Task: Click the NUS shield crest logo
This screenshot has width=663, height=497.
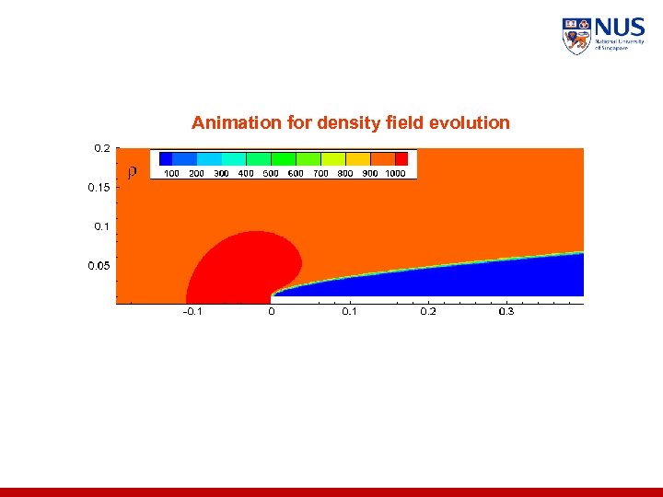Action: pos(576,36)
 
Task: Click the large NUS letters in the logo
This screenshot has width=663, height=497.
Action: pos(620,28)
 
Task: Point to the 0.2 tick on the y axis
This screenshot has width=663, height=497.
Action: pos(102,147)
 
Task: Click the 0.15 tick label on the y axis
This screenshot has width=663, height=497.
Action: pos(99,187)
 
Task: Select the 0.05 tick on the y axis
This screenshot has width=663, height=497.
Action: pos(99,265)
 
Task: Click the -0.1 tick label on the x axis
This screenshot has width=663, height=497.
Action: pos(192,311)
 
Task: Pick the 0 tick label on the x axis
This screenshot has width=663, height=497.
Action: pos(271,311)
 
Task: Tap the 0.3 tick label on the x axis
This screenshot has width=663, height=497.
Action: pos(506,311)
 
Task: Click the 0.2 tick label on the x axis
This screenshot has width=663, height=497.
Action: pos(428,311)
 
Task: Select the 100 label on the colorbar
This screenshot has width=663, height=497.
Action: pos(171,173)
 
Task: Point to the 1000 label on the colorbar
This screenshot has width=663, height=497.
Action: pos(395,173)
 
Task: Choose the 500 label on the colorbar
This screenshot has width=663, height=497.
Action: pos(271,173)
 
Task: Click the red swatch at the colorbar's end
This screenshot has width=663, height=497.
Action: pos(401,158)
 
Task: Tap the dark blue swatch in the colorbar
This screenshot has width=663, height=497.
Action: pos(166,158)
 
